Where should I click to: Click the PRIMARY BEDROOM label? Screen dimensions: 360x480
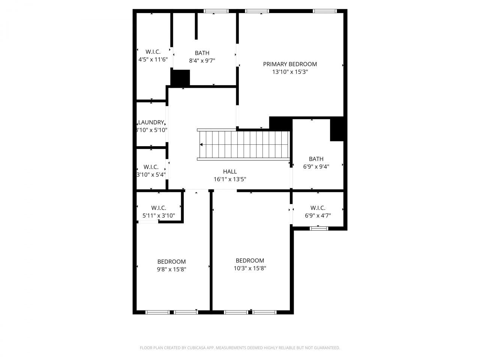pos(290,64)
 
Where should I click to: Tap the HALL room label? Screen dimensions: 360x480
pos(230,172)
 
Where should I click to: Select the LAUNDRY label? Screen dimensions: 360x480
pos(151,122)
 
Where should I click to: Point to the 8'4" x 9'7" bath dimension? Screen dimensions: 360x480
pos(202,60)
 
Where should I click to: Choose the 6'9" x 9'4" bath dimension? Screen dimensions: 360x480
pos(316,167)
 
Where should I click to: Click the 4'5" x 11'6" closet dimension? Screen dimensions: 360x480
pos(153,59)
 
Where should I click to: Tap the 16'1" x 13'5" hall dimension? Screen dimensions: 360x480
pos(230,179)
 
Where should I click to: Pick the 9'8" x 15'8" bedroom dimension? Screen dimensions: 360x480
pos(171,269)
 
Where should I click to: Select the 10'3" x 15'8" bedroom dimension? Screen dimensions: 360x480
pos(250,268)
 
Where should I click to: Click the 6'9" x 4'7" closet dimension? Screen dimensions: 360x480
pos(318,216)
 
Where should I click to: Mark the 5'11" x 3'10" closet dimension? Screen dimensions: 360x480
pos(159,216)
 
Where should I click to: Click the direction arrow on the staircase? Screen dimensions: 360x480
pos(202,144)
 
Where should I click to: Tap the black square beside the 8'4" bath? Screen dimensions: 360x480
pos(180,78)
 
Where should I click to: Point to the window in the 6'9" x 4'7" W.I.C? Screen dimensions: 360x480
pos(319,228)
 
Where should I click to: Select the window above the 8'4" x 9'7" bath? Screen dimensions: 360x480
pos(216,11)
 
